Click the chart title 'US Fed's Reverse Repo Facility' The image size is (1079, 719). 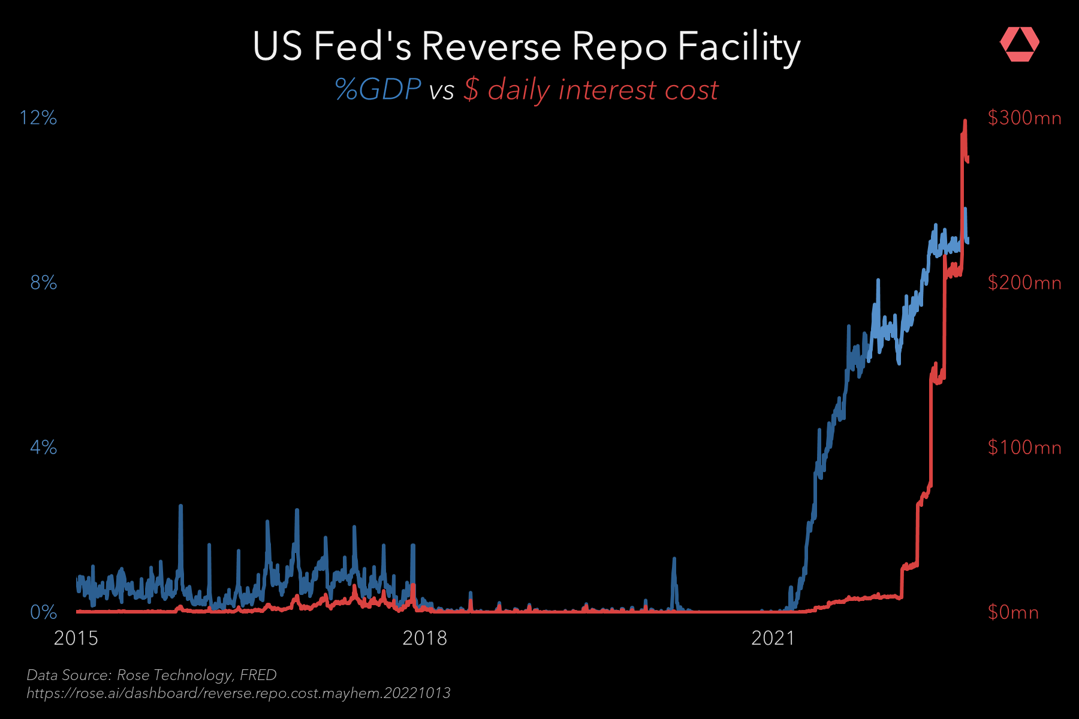click(526, 47)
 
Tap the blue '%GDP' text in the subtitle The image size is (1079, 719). click(378, 90)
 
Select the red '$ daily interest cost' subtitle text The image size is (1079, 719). click(590, 90)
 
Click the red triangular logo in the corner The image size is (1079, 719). click(1019, 44)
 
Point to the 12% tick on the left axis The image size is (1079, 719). click(38, 117)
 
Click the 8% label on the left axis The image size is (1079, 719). click(43, 282)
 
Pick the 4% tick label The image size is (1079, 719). click(43, 447)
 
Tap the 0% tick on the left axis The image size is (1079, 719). click(43, 612)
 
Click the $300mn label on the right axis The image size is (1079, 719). click(1024, 117)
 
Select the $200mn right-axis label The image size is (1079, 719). click(1024, 282)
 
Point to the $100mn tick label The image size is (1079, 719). click(1024, 447)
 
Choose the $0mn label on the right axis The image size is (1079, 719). click(1013, 612)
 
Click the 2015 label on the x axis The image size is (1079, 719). click(76, 638)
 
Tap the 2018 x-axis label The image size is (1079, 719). click(424, 638)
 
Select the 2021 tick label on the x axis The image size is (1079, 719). click(773, 638)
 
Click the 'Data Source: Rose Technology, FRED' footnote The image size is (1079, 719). click(152, 675)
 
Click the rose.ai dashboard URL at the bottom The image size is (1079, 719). click(239, 693)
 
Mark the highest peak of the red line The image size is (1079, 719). click(965, 121)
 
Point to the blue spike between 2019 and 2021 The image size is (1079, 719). click(674, 560)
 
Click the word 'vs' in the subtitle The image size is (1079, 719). click(442, 91)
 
